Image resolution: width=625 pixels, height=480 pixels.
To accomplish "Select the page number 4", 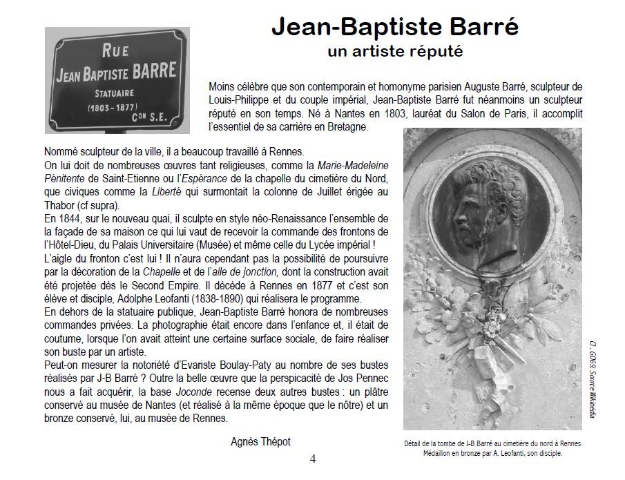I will (313, 459).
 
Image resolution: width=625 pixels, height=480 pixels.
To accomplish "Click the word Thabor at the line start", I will (59, 205).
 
